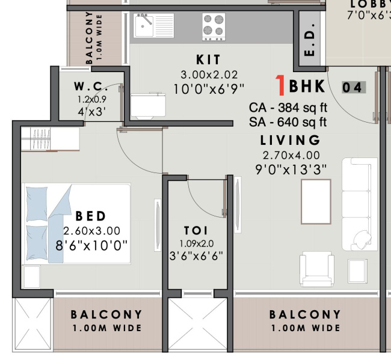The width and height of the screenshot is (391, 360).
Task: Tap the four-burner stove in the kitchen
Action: click(214, 26)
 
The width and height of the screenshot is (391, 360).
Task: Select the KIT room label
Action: click(209, 60)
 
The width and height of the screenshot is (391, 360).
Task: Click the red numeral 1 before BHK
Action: click(280, 87)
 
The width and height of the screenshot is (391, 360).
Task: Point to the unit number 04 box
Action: click(353, 88)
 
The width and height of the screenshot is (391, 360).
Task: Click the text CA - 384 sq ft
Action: click(288, 108)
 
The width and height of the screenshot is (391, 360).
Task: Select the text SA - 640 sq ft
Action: click(288, 123)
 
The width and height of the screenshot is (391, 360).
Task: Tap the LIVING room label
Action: click(291, 141)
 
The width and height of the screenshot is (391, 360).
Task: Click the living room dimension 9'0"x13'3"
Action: click(291, 169)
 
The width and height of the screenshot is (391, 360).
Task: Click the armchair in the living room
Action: click(317, 270)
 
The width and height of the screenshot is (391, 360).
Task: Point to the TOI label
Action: click(196, 231)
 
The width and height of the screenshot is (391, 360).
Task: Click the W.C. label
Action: click(91, 86)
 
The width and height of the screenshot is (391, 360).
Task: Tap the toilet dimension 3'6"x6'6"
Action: click(195, 255)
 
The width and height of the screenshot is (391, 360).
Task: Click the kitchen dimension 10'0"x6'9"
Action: click(209, 89)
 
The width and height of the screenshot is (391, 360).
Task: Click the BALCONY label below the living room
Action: click(305, 314)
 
